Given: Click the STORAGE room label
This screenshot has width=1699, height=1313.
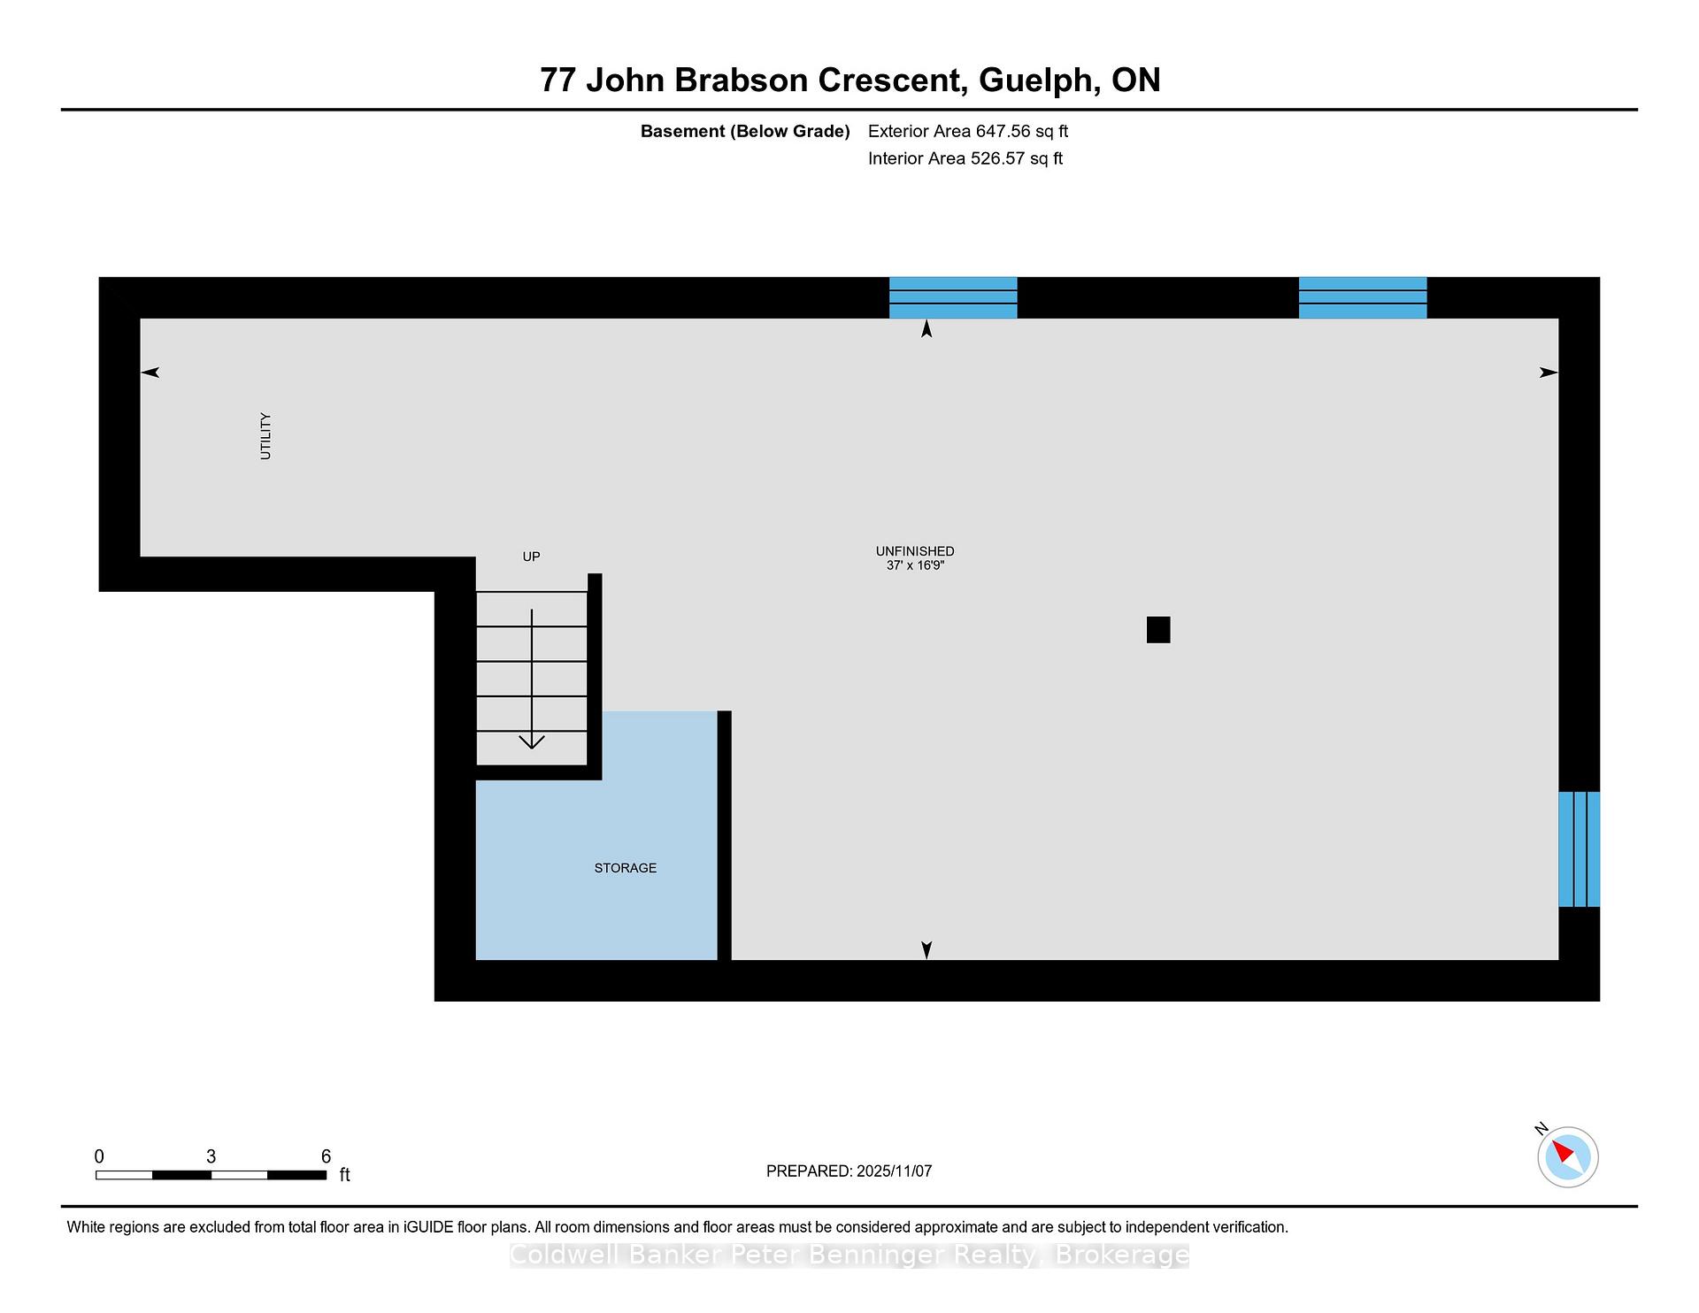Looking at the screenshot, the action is [626, 868].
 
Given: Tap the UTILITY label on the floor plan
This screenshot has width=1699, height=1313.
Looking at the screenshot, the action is [265, 436].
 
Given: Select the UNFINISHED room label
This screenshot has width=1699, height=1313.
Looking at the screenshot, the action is [915, 551].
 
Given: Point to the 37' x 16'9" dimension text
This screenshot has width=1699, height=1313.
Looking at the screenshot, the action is [915, 565].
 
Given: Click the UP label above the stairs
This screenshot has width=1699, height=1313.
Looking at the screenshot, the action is [531, 557].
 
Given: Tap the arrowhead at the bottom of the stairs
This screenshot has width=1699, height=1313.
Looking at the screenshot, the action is [532, 741].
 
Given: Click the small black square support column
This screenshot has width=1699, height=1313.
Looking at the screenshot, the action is [1158, 630].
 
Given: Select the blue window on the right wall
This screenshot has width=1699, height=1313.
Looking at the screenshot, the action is [1580, 849].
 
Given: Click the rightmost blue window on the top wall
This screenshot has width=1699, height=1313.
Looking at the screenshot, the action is [1363, 297].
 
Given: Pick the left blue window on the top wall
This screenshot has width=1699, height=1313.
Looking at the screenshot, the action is [953, 297].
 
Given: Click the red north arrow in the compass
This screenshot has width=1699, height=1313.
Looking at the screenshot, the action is [1563, 1151].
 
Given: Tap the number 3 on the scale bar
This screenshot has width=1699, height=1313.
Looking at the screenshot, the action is [211, 1156].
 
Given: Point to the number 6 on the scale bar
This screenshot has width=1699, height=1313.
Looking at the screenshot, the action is [326, 1156].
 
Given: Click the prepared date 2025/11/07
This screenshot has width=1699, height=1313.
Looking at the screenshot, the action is [894, 1171].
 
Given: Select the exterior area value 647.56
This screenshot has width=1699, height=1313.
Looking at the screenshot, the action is [1003, 131].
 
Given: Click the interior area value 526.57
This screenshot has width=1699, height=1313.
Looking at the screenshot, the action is [998, 158].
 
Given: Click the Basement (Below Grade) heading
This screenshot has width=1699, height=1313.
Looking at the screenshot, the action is [745, 132].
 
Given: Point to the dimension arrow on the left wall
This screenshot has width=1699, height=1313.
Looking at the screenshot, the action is [150, 372].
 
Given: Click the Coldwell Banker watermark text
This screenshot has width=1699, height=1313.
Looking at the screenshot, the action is [849, 1255].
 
